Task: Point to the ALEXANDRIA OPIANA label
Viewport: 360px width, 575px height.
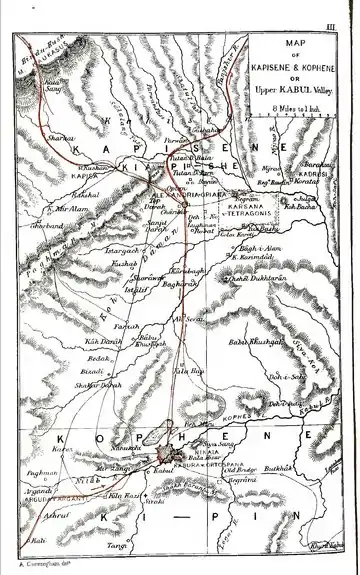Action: pos(190,194)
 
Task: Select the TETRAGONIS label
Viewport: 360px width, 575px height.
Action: pos(244,213)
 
